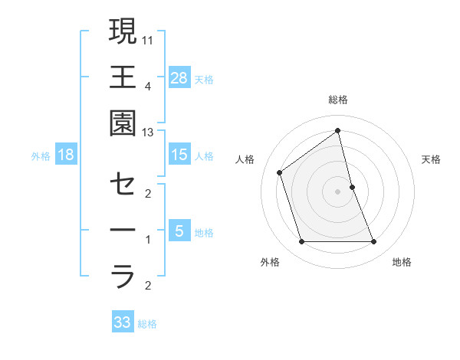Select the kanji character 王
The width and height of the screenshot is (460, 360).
click(x=123, y=77)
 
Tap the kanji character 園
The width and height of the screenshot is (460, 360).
click(x=123, y=123)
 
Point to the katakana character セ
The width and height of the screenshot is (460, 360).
click(x=123, y=184)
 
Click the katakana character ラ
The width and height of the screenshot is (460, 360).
click(x=123, y=276)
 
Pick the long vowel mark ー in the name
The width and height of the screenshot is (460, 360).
click(x=123, y=230)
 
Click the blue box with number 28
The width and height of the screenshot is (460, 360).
click(x=179, y=77)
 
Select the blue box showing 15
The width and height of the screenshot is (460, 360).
click(x=179, y=155)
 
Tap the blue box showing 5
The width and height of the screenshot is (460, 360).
click(x=179, y=231)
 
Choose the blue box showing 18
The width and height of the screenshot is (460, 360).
click(x=66, y=155)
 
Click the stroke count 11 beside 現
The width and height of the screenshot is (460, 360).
click(x=149, y=38)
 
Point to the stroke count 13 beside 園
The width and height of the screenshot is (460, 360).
click(x=149, y=133)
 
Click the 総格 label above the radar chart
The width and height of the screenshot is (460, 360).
click(x=338, y=100)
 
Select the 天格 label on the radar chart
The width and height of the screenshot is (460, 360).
click(x=431, y=159)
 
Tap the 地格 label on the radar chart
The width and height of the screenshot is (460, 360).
click(x=402, y=262)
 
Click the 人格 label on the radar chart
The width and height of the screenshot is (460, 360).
click(x=245, y=159)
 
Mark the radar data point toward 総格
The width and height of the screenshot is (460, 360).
click(x=338, y=131)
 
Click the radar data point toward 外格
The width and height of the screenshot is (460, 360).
click(x=301, y=242)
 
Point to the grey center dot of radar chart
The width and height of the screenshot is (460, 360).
click(x=338, y=191)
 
